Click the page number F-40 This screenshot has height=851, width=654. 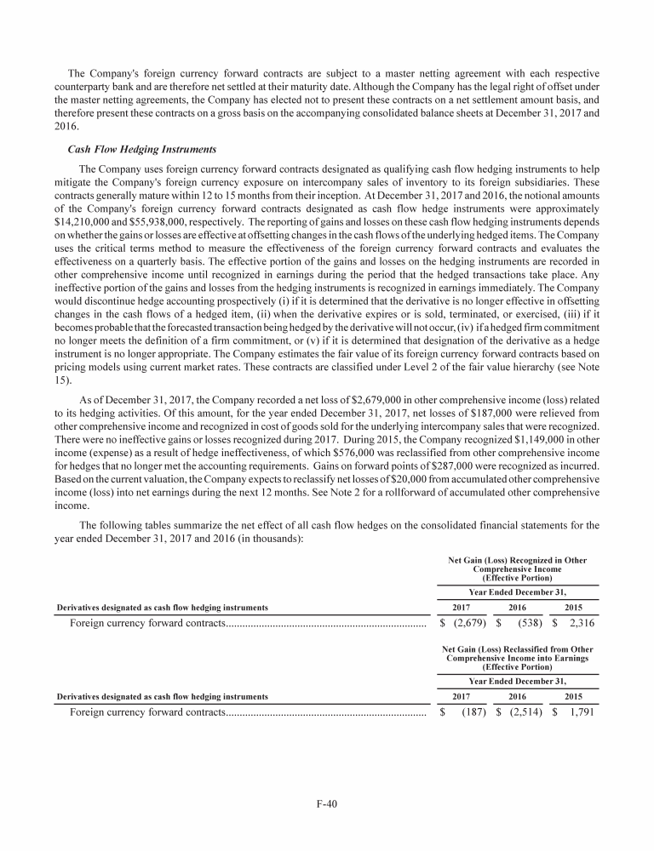click(327, 802)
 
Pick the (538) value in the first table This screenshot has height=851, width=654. click(525, 624)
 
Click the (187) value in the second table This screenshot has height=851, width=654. click(467, 712)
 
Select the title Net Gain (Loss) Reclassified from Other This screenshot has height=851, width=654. click(518, 650)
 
